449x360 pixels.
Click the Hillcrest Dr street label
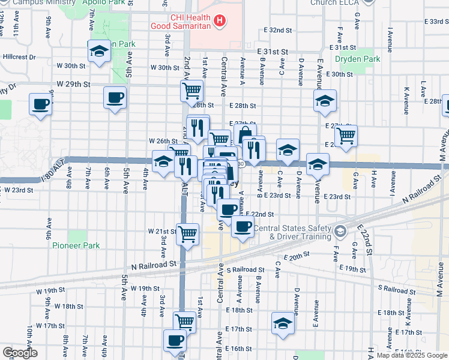point(19,57)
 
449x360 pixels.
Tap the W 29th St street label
point(73,85)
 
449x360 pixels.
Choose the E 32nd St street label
point(279,30)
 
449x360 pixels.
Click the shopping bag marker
point(245,134)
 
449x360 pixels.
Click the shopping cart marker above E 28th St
point(191,91)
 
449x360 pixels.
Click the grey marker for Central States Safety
point(340,231)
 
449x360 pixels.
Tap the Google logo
point(20,353)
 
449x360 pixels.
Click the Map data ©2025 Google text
point(411,355)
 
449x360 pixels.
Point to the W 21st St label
point(160,231)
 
